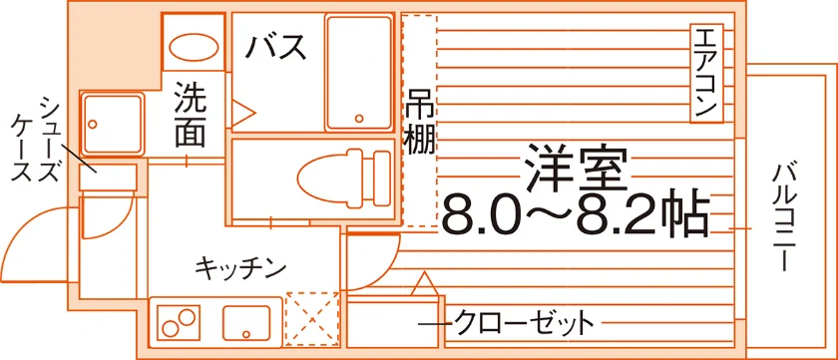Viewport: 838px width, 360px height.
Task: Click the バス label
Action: click(x=275, y=47)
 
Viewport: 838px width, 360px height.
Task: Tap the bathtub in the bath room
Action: click(x=358, y=73)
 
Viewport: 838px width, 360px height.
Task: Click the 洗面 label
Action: click(x=191, y=114)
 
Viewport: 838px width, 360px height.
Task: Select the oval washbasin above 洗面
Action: click(x=194, y=46)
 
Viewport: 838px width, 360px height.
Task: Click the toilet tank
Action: click(x=381, y=178)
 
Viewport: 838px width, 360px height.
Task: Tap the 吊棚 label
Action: click(x=420, y=122)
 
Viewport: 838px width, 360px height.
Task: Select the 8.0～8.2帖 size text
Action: click(x=576, y=215)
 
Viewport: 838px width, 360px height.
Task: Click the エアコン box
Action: click(x=706, y=73)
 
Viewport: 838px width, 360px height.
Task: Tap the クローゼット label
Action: click(x=524, y=322)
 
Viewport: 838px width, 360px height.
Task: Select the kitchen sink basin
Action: click(x=245, y=323)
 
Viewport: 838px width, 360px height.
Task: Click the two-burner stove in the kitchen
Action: click(x=179, y=322)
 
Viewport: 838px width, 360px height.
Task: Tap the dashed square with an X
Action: click(x=312, y=318)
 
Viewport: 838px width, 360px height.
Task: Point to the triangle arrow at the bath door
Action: click(x=243, y=114)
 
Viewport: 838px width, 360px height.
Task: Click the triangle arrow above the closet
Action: click(x=424, y=283)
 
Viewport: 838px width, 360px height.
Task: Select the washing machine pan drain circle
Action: click(x=93, y=124)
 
